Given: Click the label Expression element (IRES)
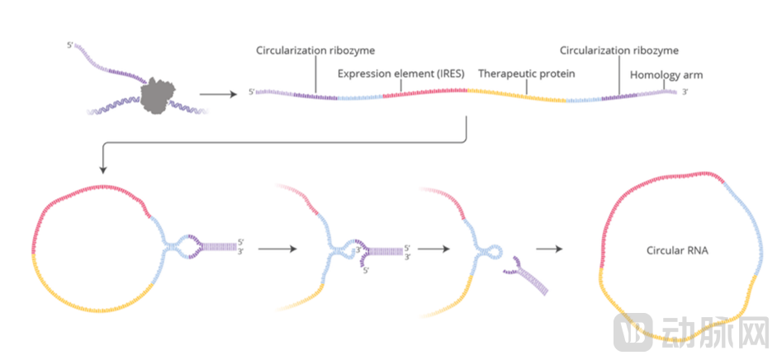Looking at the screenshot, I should (x=400, y=73).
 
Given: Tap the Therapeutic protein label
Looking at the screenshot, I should (x=526, y=73).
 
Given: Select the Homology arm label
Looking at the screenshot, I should (x=666, y=74).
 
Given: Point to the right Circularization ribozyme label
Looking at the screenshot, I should (x=618, y=50).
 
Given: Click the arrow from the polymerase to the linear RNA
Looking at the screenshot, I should (x=216, y=92).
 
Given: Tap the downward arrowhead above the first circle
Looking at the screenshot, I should (x=102, y=169).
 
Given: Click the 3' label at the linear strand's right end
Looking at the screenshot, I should (x=685, y=92).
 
